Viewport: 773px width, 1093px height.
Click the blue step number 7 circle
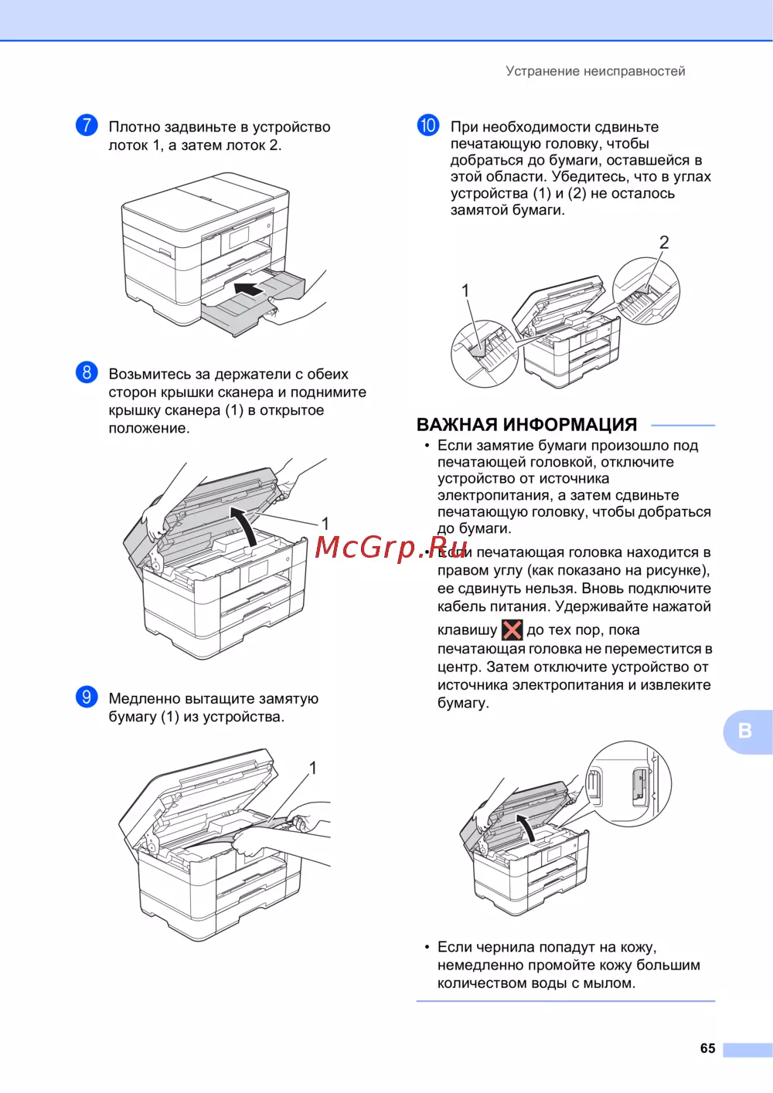tap(87, 125)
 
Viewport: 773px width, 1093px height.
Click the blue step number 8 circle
tap(87, 372)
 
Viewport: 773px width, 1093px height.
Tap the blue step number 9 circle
tap(87, 697)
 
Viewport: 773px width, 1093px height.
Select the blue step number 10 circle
tap(427, 125)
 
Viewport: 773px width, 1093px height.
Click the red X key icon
tap(512, 630)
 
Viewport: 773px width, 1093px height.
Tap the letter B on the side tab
tap(744, 731)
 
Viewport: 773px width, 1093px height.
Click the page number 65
tap(707, 1048)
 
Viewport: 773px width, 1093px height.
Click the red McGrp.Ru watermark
tap(391, 548)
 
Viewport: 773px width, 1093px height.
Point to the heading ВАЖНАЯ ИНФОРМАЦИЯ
tap(526, 425)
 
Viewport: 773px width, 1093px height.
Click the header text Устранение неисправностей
tap(595, 71)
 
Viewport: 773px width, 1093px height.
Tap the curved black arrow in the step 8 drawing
tap(246, 524)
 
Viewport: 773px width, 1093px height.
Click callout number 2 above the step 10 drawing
tap(663, 243)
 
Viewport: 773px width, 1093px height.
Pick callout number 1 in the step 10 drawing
tap(465, 290)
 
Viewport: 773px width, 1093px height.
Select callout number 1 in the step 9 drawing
tap(313, 768)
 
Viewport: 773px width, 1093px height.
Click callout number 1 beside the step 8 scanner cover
tap(325, 524)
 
